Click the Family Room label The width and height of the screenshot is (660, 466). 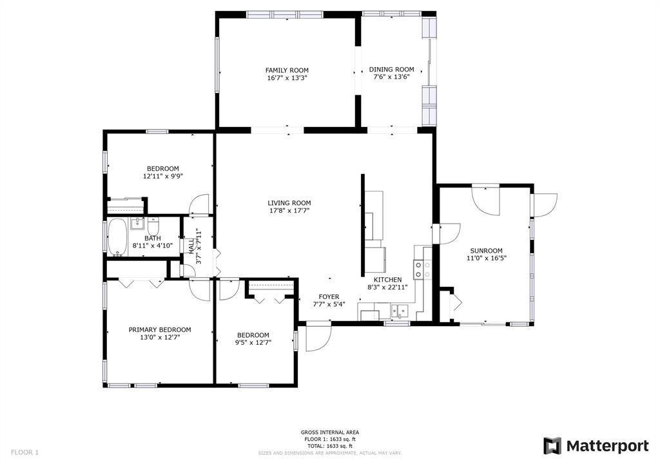pyautogui.click(x=287, y=70)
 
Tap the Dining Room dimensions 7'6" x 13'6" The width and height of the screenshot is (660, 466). pyautogui.click(x=391, y=77)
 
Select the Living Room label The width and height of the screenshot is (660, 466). pyautogui.click(x=289, y=203)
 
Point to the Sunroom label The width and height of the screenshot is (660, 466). pyautogui.click(x=486, y=251)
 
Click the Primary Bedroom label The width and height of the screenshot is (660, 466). pyautogui.click(x=160, y=329)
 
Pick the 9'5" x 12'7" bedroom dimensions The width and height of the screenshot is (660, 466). pyautogui.click(x=253, y=343)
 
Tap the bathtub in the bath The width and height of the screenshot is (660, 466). pyautogui.click(x=117, y=237)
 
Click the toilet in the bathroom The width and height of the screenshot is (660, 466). pyautogui.click(x=153, y=226)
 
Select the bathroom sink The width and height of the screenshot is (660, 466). pyautogui.click(x=137, y=223)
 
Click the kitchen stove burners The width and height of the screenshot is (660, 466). pyautogui.click(x=423, y=269)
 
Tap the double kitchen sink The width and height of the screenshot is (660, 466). pyautogui.click(x=399, y=311)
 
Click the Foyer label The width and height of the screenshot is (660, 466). pyautogui.click(x=329, y=296)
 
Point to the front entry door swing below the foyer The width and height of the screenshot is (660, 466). pyautogui.click(x=318, y=336)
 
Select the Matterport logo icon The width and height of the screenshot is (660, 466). pyautogui.click(x=552, y=446)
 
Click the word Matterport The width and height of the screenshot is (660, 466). pyautogui.click(x=607, y=446)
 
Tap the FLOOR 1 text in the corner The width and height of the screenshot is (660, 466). pyautogui.click(x=24, y=452)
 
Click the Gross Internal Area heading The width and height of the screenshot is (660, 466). pyautogui.click(x=329, y=432)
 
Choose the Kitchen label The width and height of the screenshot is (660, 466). pyautogui.click(x=387, y=280)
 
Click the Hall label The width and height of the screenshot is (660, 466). pyautogui.click(x=191, y=247)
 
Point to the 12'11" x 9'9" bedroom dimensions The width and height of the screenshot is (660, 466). pyautogui.click(x=163, y=177)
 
